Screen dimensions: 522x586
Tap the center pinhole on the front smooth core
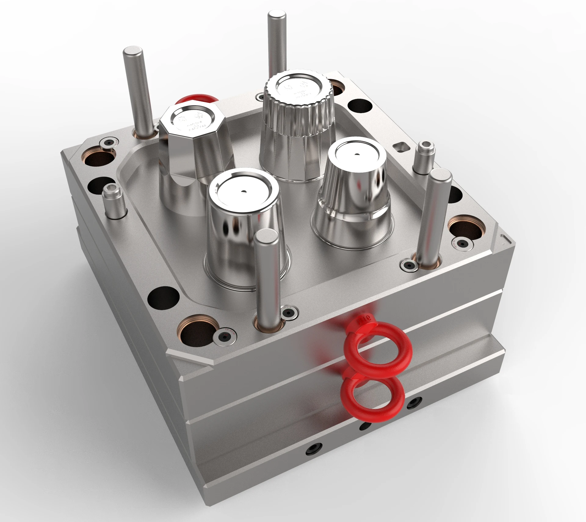(244, 192)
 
